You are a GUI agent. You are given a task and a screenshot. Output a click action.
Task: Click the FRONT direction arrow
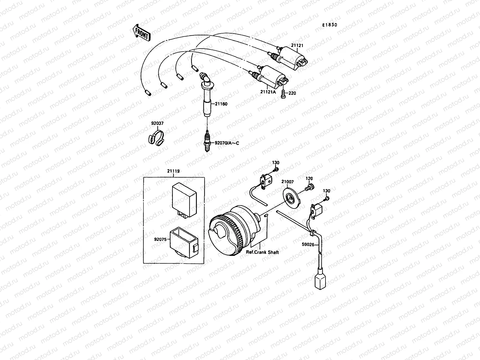coord(141,32)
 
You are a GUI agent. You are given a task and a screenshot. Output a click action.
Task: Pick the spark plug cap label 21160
coord(221,104)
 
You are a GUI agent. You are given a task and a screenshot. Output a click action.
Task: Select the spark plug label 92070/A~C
coord(226,143)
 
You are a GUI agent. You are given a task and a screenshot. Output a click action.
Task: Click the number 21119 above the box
coord(173,171)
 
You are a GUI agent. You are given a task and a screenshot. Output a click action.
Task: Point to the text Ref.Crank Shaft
coord(262,252)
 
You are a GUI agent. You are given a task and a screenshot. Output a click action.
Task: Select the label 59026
coord(308,244)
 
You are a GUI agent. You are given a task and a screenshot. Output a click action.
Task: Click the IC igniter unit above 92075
coord(184,198)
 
